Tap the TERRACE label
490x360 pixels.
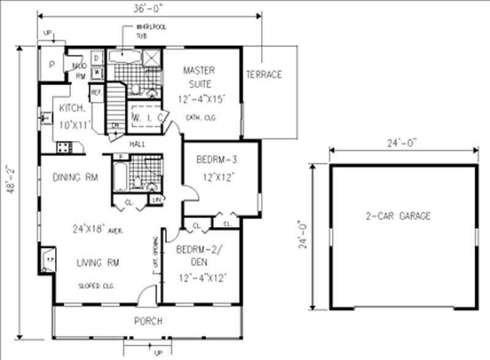pyautogui.click(x=264, y=75)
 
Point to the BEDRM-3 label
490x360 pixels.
pyautogui.click(x=217, y=160)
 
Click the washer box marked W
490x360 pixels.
pyautogui.click(x=97, y=73)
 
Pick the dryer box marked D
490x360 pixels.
pyautogui.click(x=97, y=58)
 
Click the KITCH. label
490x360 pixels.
pyautogui.click(x=72, y=108)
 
